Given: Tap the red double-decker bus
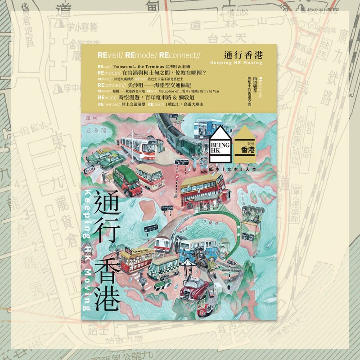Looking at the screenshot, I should [x=202, y=189].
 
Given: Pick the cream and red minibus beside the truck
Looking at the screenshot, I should [x=149, y=176].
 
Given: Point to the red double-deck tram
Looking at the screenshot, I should [x=135, y=260].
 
